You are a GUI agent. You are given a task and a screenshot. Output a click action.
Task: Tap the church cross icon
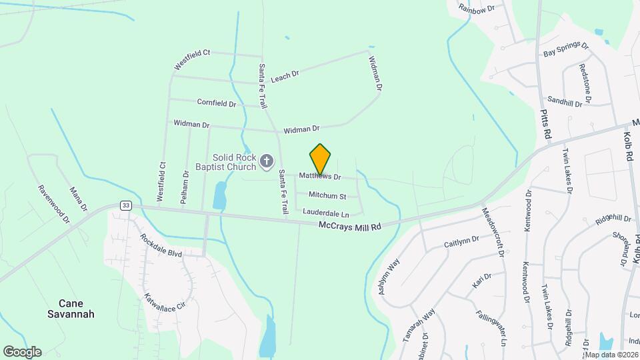click(x=267, y=161)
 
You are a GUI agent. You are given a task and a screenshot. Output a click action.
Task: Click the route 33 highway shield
click(x=125, y=205)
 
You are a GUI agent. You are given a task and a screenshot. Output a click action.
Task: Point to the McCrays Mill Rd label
click(x=349, y=227)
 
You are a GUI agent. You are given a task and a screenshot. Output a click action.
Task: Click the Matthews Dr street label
click(x=320, y=177)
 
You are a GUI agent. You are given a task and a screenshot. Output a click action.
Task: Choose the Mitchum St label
click(x=327, y=196)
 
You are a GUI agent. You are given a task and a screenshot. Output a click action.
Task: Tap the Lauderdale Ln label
click(x=326, y=213)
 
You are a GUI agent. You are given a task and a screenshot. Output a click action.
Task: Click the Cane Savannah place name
click(x=71, y=308)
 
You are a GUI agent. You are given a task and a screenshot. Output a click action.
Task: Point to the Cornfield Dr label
click(x=217, y=103)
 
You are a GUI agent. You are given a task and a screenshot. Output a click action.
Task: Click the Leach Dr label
click(x=285, y=77)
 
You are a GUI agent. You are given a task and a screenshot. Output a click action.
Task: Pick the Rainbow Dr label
click(x=478, y=8)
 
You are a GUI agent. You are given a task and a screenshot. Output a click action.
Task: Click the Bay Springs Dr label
click(x=566, y=50)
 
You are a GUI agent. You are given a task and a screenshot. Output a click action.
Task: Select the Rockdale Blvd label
click(x=161, y=245)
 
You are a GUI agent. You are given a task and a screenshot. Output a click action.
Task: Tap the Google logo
click(x=22, y=351)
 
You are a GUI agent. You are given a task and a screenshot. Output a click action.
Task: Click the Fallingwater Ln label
click(x=492, y=327)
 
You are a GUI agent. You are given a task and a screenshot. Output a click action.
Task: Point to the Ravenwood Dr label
click(x=54, y=204)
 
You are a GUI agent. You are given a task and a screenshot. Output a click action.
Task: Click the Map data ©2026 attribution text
click(x=611, y=355)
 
